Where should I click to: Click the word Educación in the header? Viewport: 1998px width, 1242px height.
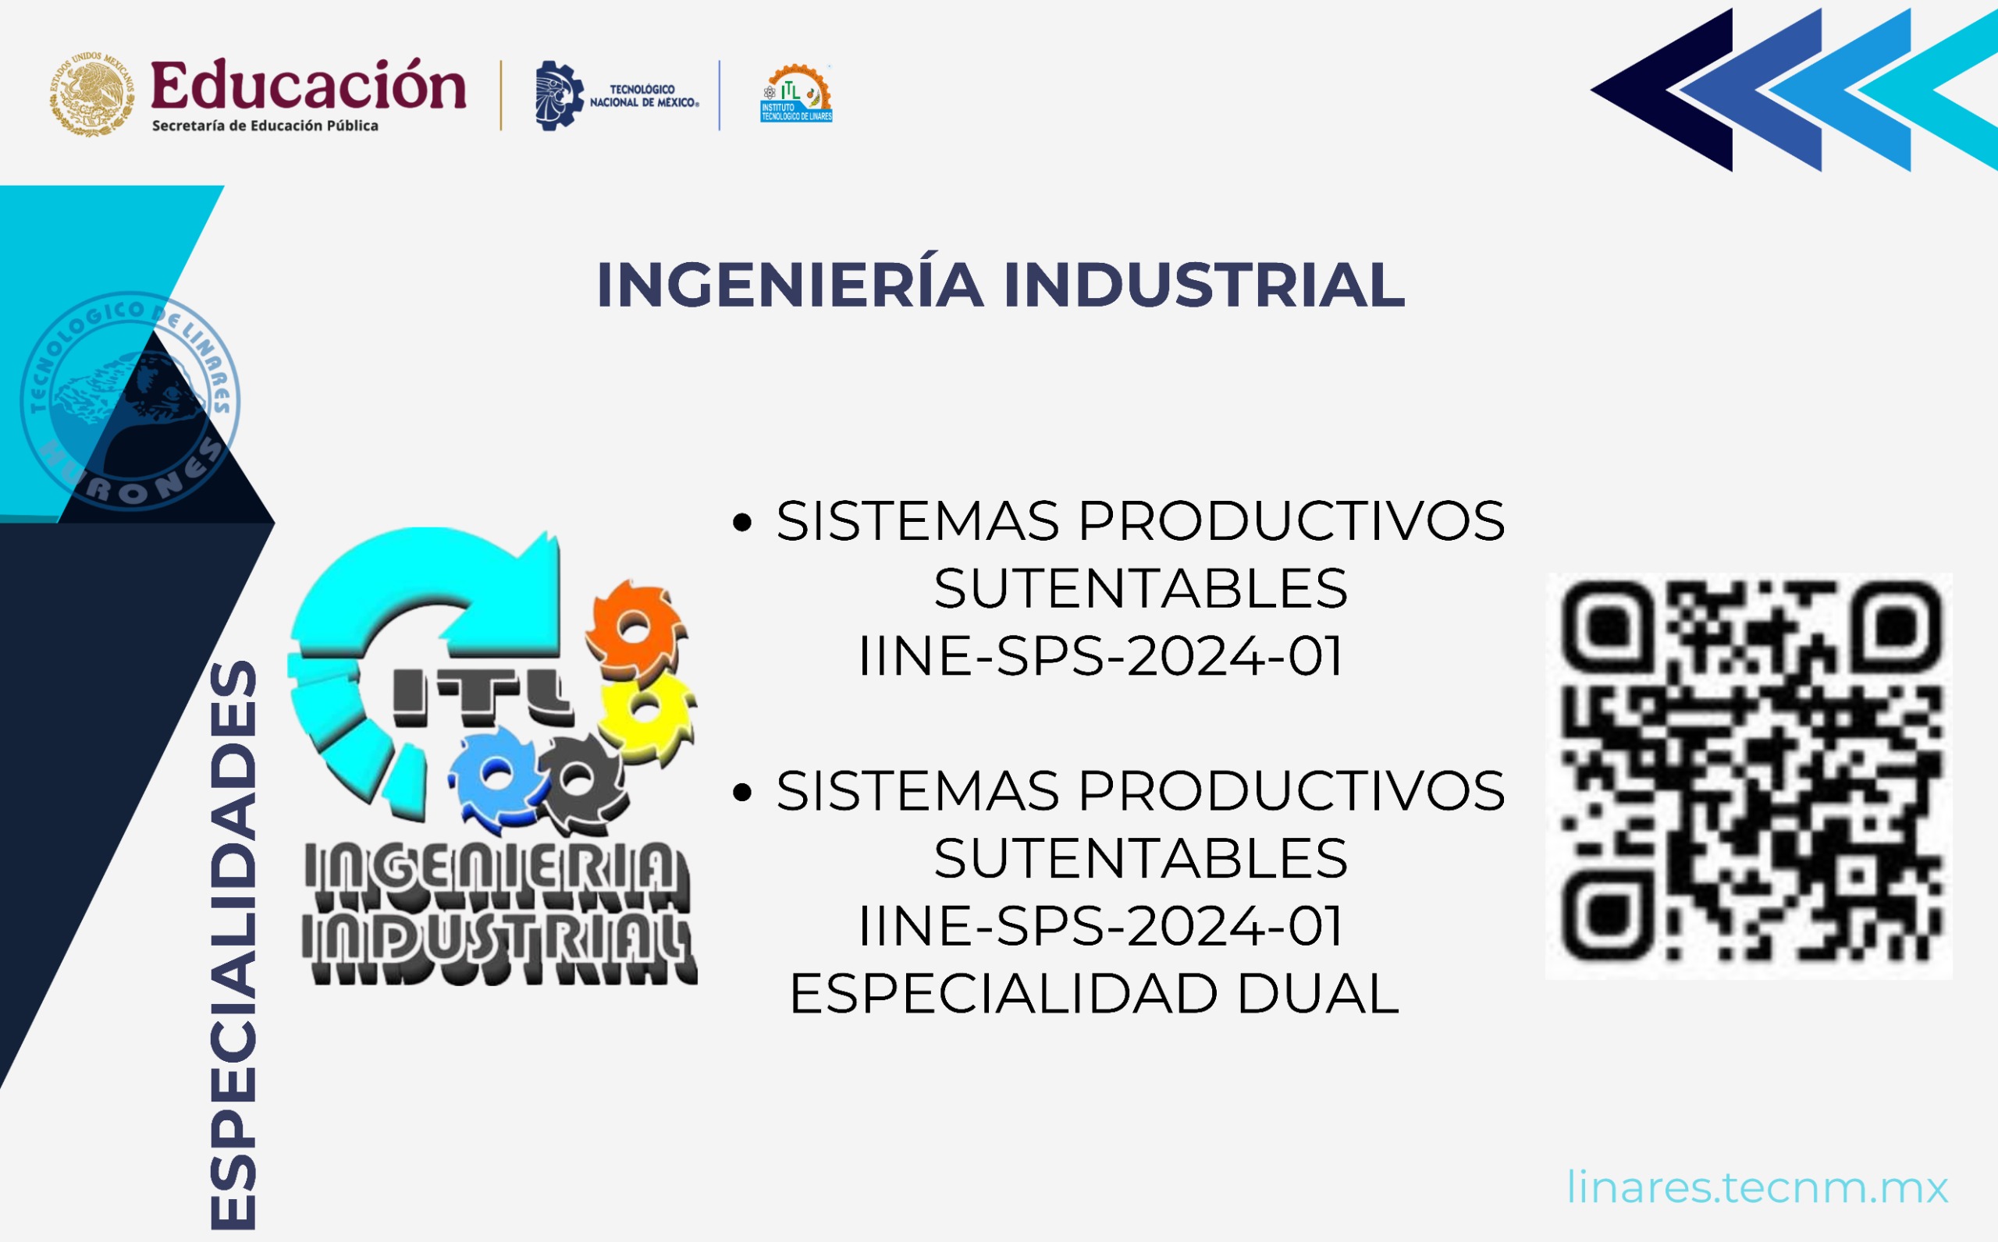pyautogui.click(x=308, y=86)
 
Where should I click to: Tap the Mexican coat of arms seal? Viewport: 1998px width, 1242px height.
pyautogui.click(x=91, y=94)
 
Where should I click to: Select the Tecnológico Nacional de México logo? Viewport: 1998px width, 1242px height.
pyautogui.click(x=616, y=95)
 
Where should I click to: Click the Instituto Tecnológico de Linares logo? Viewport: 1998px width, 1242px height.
pyautogui.click(x=796, y=94)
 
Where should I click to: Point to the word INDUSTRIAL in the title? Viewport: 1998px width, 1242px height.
pyautogui.click(x=1203, y=285)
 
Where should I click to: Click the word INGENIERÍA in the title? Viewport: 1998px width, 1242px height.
pyautogui.click(x=790, y=285)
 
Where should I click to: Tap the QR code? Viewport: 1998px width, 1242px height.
pyautogui.click(x=1749, y=775)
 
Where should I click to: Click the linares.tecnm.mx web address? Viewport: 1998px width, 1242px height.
pyautogui.click(x=1758, y=1187)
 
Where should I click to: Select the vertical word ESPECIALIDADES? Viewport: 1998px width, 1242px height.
pyautogui.click(x=234, y=945)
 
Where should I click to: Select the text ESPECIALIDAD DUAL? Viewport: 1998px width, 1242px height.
pyautogui.click(x=1093, y=994)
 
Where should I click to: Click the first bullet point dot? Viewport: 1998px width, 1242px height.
pyautogui.click(x=742, y=523)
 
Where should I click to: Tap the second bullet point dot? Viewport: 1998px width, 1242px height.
pyautogui.click(x=742, y=792)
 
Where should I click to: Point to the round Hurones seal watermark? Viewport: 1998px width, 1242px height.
pyautogui.click(x=130, y=401)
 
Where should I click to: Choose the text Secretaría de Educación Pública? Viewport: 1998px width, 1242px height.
pyautogui.click(x=265, y=126)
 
